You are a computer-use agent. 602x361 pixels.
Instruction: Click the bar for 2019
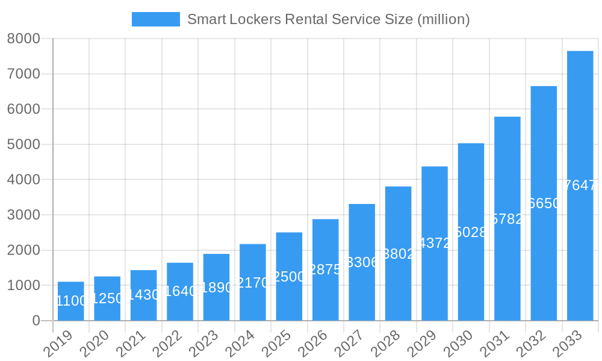point(71,301)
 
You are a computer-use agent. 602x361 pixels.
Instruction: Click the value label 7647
point(580,185)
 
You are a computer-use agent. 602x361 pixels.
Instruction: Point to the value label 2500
point(289,277)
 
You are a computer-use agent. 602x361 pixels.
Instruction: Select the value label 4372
point(435,243)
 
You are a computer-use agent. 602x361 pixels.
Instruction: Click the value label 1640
point(180,291)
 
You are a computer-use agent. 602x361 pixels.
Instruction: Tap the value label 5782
point(507,219)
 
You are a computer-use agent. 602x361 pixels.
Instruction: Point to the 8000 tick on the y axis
point(23,39)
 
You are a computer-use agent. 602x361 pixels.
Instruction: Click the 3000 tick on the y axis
point(23,215)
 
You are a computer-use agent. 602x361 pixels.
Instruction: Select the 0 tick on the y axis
point(36,321)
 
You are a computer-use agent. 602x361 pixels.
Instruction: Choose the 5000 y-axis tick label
point(23,144)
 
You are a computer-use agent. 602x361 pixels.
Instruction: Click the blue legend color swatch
point(155,19)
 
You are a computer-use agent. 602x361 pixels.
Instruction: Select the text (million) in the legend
point(443,19)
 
